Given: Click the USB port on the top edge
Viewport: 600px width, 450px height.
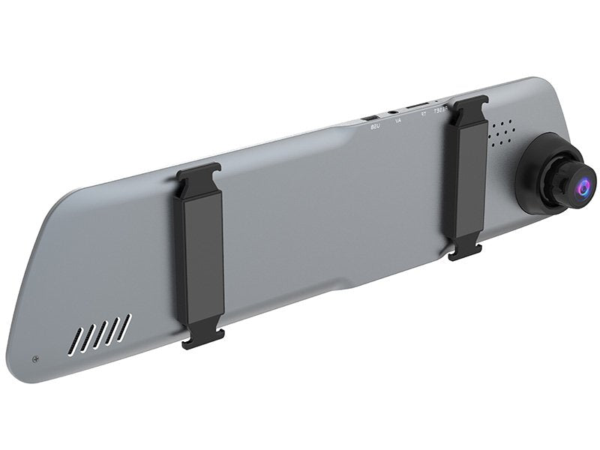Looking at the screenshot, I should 371,118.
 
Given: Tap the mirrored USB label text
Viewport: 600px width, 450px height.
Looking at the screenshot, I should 376,126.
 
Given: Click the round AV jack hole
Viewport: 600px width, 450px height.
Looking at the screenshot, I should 394,112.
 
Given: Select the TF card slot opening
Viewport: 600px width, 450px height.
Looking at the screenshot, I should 418,105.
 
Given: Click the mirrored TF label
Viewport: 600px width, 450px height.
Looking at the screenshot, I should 424,113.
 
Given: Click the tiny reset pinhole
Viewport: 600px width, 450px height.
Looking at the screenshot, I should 438,100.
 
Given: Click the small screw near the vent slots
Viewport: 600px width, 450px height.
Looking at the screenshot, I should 35,358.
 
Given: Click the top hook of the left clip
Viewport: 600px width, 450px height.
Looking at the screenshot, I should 198,170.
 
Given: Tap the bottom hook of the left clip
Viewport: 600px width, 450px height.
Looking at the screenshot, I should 202,338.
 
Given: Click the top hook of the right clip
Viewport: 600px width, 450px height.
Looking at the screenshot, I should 470,100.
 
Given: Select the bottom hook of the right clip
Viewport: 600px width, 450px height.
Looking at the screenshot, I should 465,252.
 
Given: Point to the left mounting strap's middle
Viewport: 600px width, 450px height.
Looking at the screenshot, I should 200,255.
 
